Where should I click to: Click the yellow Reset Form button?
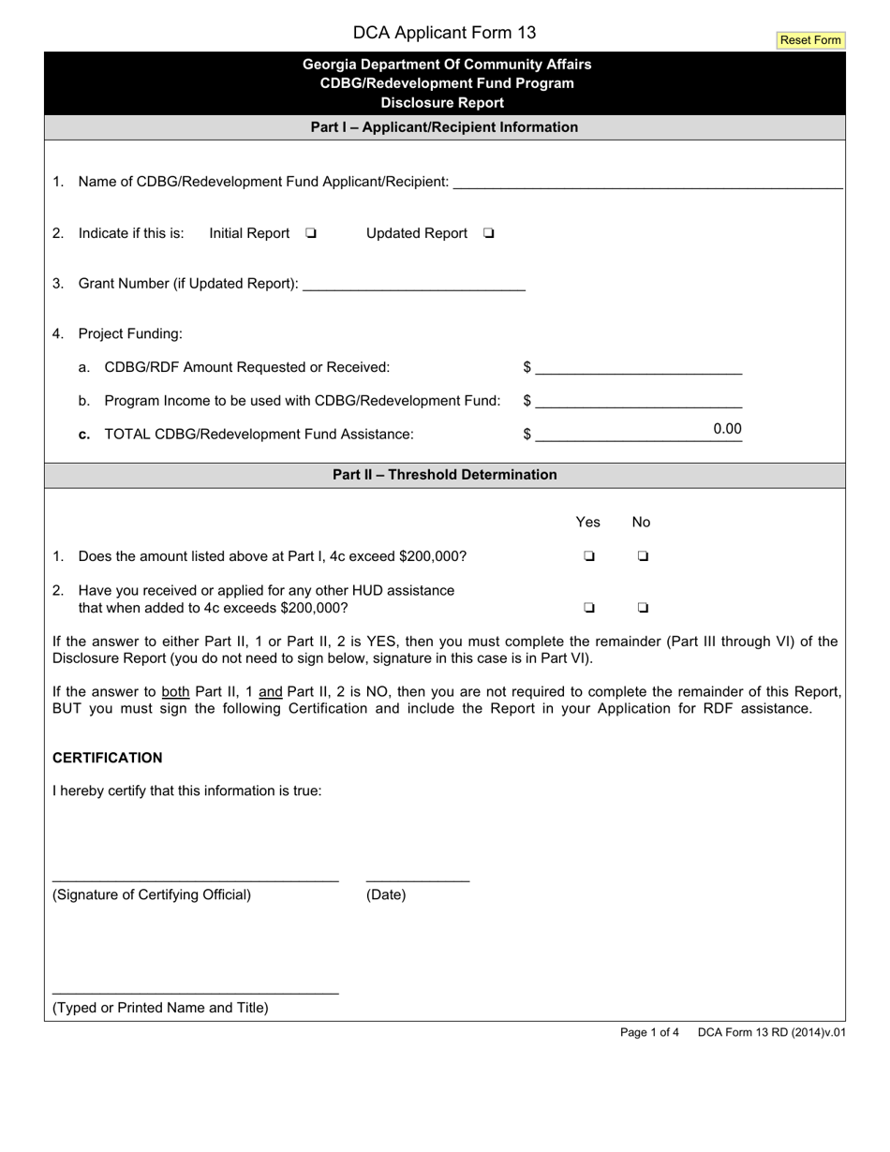(x=810, y=40)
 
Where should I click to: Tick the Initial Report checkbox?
(x=311, y=233)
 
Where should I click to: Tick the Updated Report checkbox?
(x=489, y=233)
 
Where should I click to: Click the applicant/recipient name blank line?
(x=647, y=181)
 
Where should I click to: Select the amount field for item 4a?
(x=639, y=366)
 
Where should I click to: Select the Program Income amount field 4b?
(x=639, y=401)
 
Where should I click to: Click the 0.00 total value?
(x=727, y=429)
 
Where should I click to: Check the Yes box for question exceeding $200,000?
(x=589, y=555)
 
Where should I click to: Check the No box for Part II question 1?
(x=643, y=555)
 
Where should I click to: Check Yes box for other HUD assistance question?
(x=589, y=607)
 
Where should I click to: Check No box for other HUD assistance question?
(x=643, y=607)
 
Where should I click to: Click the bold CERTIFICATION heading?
(x=107, y=758)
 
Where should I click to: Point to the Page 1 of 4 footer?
(x=649, y=1033)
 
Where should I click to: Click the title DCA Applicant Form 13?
(x=444, y=33)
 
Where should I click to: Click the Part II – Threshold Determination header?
(x=444, y=475)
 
